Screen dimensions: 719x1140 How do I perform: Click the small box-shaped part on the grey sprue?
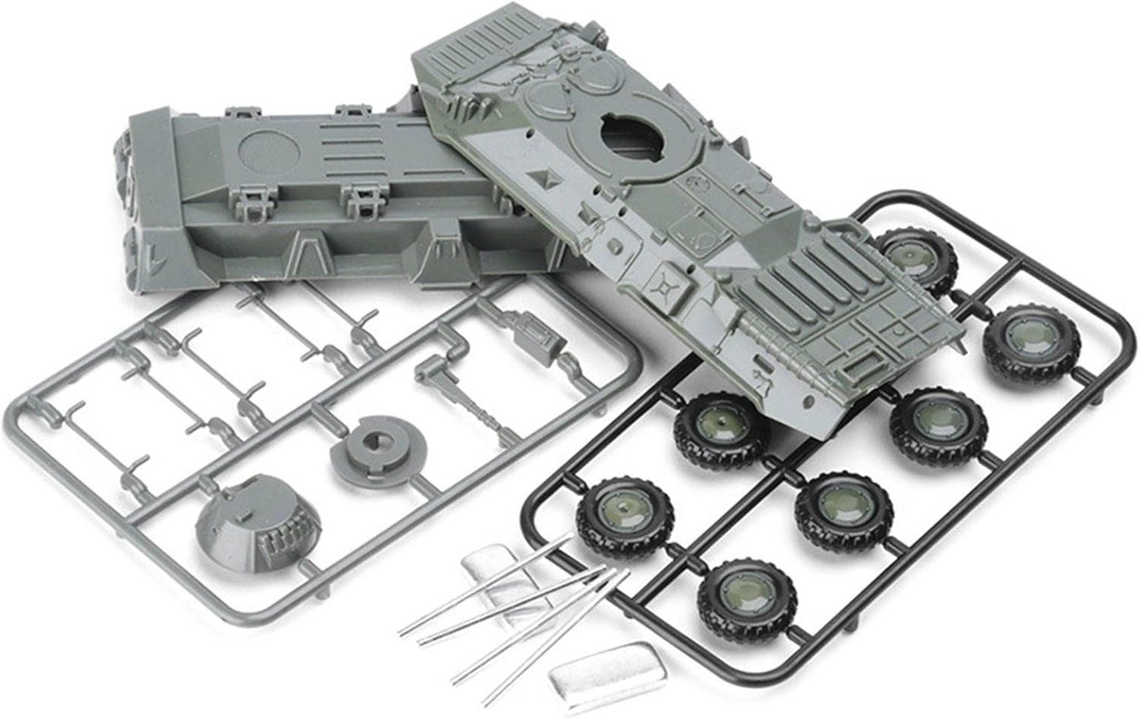pyautogui.click(x=533, y=334)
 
